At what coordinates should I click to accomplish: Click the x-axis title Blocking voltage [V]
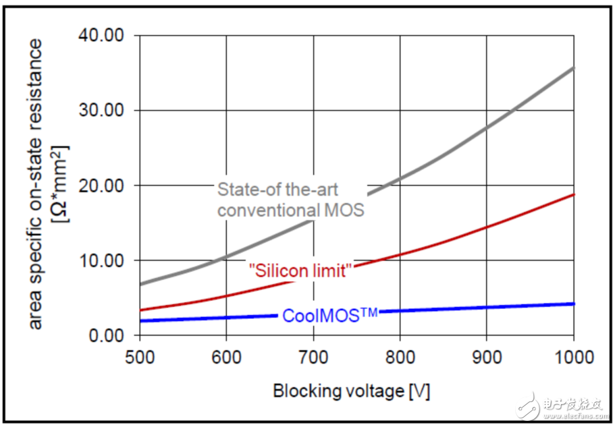click(351, 391)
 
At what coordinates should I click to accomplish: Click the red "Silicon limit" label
click(301, 271)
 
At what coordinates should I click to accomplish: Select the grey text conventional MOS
click(291, 210)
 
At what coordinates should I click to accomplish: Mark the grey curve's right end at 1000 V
click(574, 67)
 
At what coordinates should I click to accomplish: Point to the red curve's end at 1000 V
click(574, 194)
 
